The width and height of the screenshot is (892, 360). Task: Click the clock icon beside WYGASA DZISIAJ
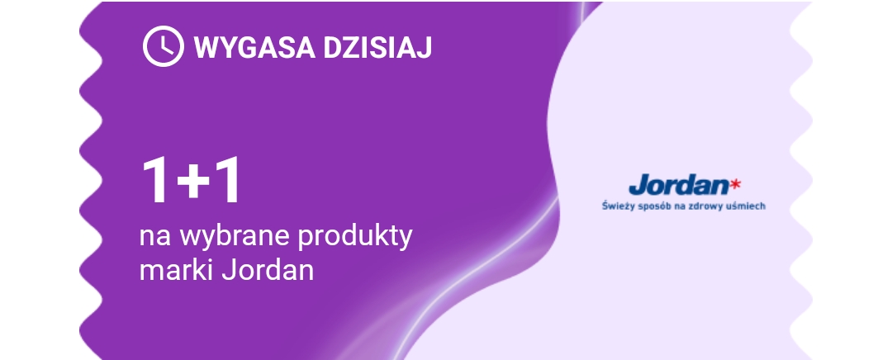click(164, 46)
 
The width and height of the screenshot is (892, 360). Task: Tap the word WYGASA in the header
click(254, 47)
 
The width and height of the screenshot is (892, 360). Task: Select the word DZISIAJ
click(377, 47)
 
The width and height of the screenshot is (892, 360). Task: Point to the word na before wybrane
click(155, 239)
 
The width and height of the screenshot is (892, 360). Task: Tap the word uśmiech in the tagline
click(743, 206)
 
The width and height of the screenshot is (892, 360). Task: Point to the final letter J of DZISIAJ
click(425, 47)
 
